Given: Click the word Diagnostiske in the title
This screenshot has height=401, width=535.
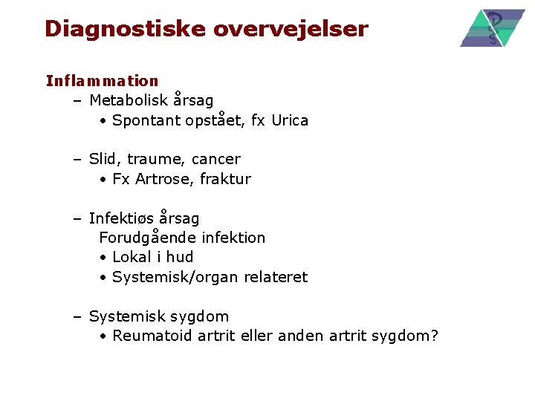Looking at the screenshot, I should (x=126, y=29).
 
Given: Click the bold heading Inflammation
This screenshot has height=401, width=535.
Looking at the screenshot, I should (x=102, y=81).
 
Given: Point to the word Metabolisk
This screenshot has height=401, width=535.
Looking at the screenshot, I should (x=129, y=100).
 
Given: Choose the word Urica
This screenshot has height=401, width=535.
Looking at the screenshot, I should (x=290, y=120).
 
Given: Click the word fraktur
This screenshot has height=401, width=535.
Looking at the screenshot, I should (x=225, y=179).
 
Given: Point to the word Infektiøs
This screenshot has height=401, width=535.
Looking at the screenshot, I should (x=122, y=218).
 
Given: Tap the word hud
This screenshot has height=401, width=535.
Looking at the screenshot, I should (x=180, y=257).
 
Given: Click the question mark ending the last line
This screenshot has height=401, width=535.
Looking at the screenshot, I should (x=434, y=336).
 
